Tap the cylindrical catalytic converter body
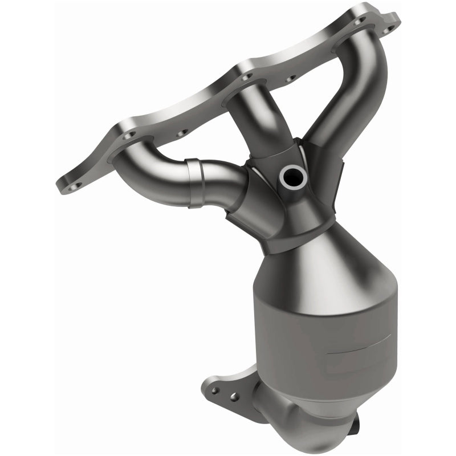pos(319,336)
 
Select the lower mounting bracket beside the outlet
pos(234,393)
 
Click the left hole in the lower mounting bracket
pos(215,391)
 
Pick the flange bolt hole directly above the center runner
pos(246,76)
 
